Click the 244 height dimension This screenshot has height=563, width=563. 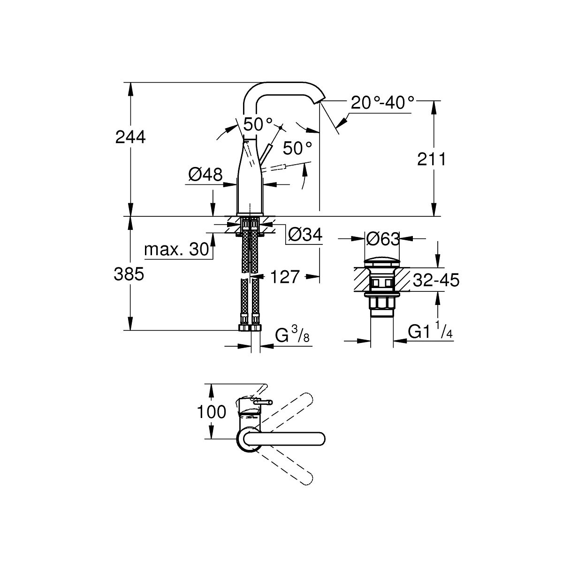click(130, 137)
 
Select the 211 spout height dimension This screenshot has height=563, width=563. click(432, 160)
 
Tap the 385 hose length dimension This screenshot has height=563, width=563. click(129, 274)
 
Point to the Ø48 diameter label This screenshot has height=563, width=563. click(205, 175)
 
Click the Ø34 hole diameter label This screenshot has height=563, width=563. click(305, 234)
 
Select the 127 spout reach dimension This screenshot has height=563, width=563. click(285, 277)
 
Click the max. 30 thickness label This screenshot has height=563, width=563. click(177, 249)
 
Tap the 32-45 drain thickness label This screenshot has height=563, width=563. click(436, 280)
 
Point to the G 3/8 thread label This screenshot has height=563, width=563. click(292, 335)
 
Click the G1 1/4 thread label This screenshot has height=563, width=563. click(430, 331)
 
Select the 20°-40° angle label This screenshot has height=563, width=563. click(382, 103)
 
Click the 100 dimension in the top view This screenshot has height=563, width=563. click(212, 411)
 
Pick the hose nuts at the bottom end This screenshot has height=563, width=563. click(250, 327)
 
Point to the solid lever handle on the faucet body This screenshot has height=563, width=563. click(266, 152)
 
